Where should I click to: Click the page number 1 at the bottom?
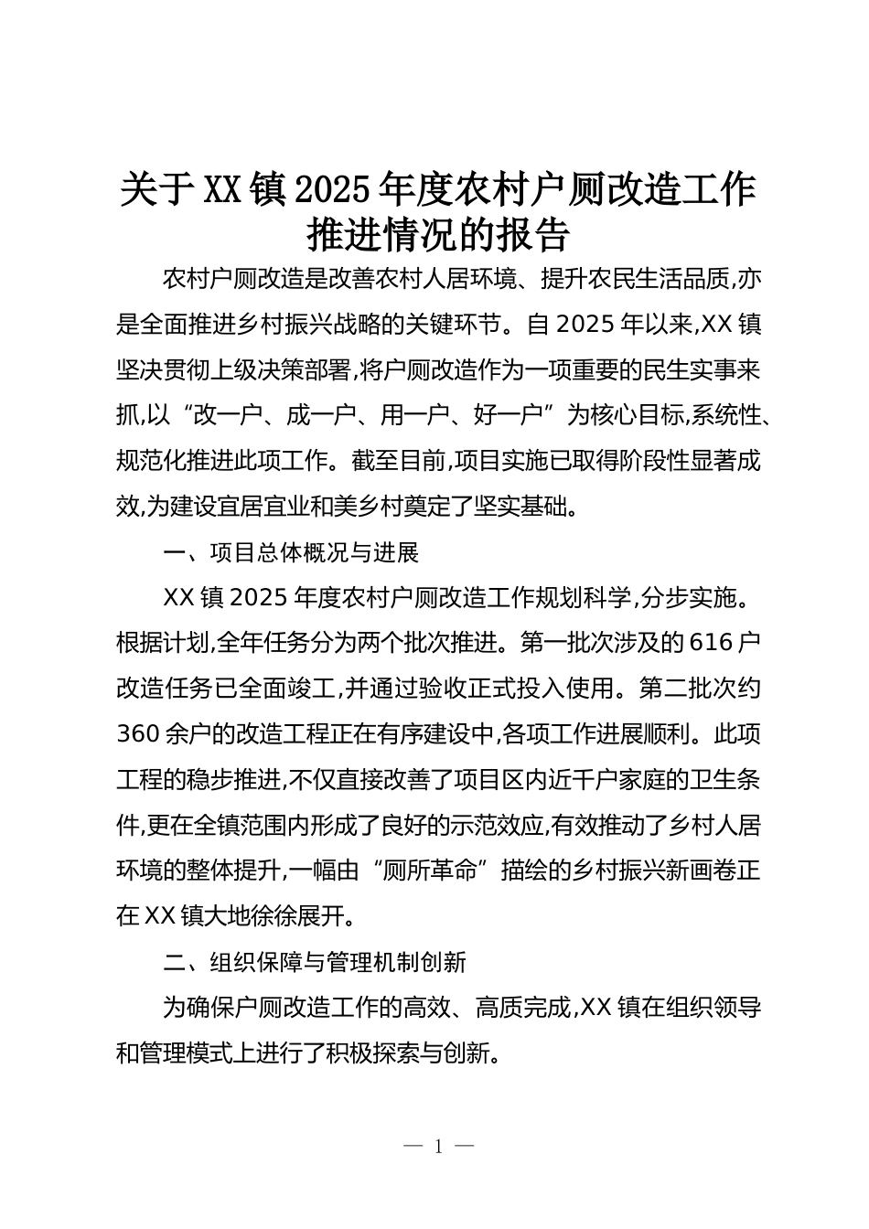[439, 1147]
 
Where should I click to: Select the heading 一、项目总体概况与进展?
[291, 553]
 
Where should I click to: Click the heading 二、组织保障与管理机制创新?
[315, 963]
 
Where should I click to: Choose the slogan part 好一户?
[502, 416]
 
